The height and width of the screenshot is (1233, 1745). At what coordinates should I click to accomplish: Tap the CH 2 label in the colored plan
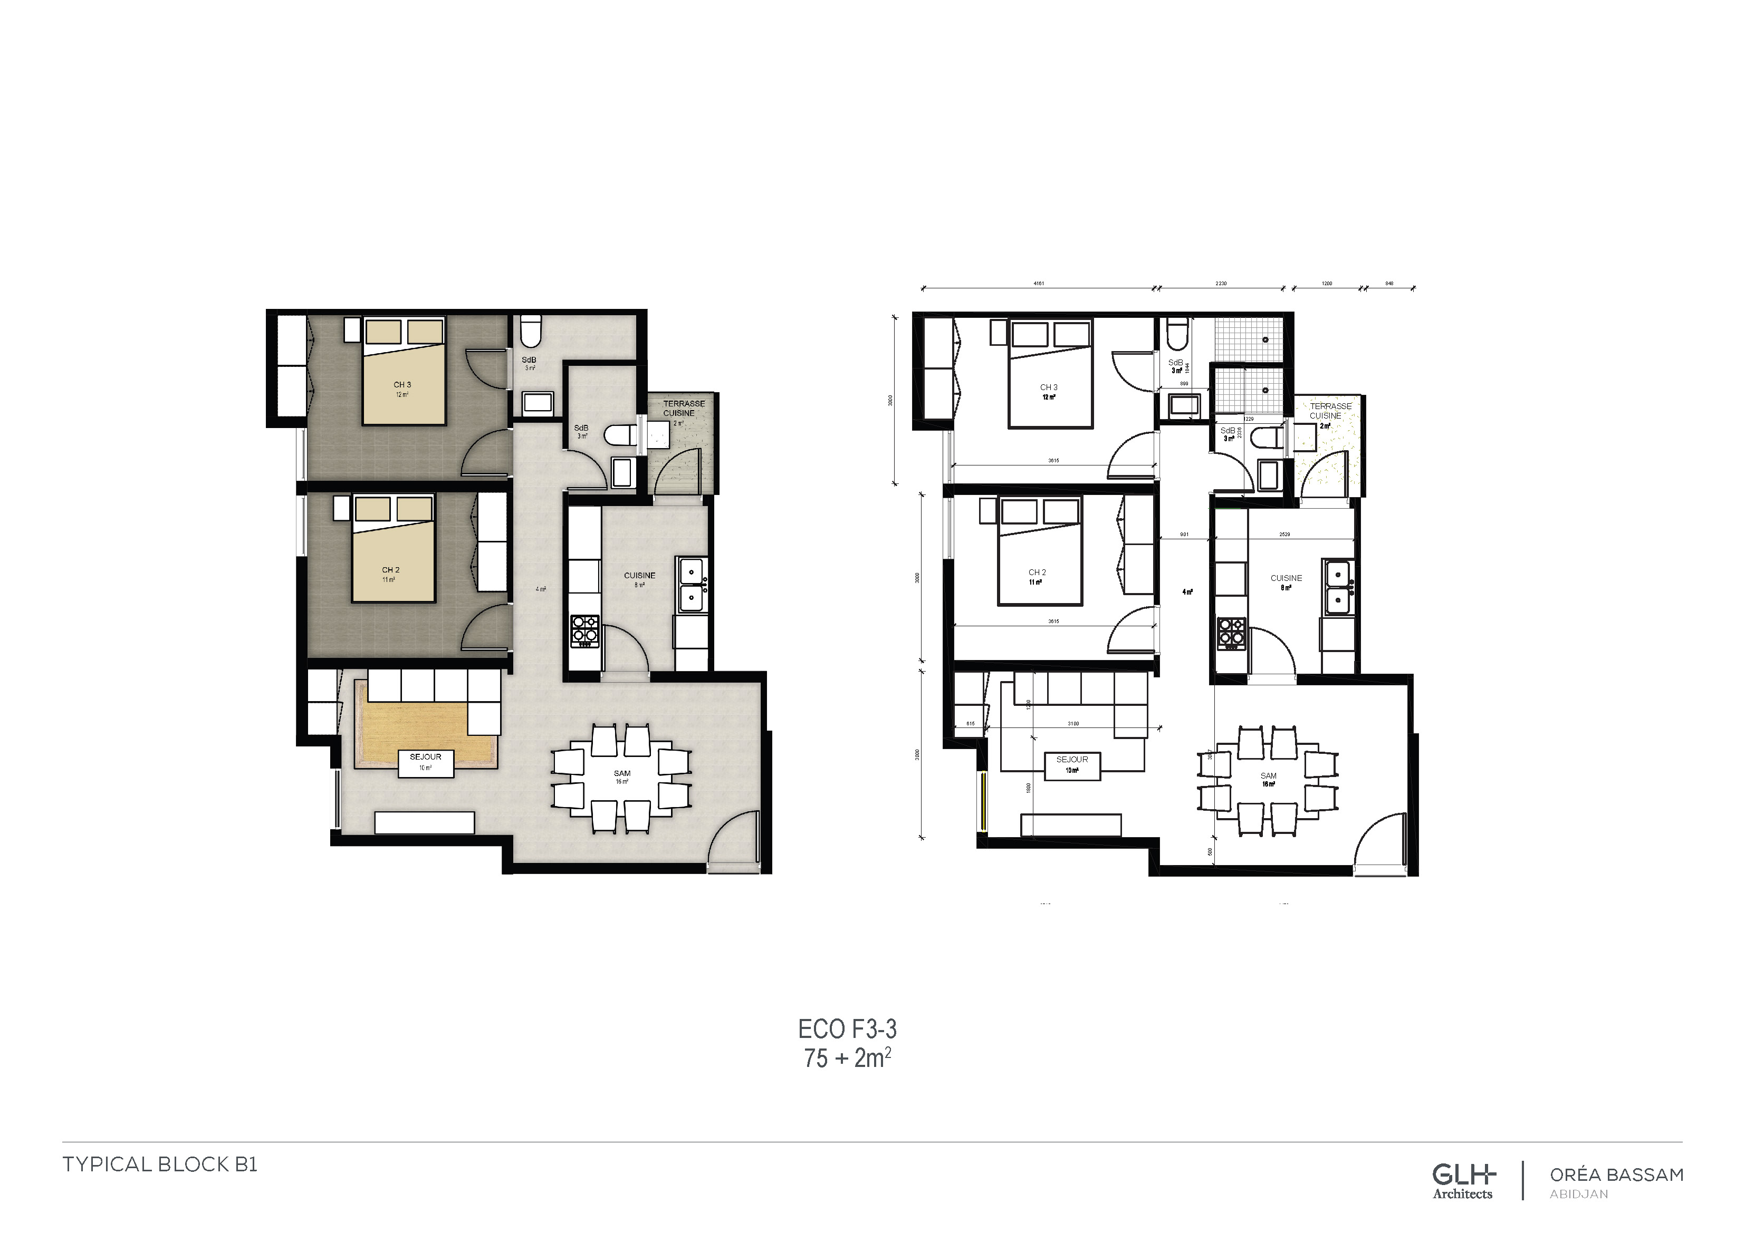tap(391, 570)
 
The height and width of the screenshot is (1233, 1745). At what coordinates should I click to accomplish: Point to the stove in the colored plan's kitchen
tap(584, 630)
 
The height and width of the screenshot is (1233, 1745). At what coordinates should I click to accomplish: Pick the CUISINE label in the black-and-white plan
tap(1286, 578)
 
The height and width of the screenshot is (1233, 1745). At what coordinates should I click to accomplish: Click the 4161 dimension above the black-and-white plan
tap(1038, 284)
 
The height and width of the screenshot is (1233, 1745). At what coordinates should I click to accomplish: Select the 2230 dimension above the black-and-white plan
tap(1221, 284)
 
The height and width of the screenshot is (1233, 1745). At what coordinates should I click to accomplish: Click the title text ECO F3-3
tap(847, 1030)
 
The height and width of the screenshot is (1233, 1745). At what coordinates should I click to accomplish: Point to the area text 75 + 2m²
tap(847, 1057)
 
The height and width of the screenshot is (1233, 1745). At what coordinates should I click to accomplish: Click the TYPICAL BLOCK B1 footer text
tap(160, 1164)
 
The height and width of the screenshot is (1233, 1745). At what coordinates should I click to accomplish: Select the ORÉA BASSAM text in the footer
tap(1617, 1174)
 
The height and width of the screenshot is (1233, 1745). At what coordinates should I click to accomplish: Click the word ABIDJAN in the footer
tap(1578, 1195)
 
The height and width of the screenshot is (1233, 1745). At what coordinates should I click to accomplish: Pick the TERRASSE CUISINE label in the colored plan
tap(683, 409)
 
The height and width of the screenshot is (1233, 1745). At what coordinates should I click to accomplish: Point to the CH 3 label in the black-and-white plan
tap(1049, 387)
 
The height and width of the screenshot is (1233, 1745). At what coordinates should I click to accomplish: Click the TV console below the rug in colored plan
tap(425, 823)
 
